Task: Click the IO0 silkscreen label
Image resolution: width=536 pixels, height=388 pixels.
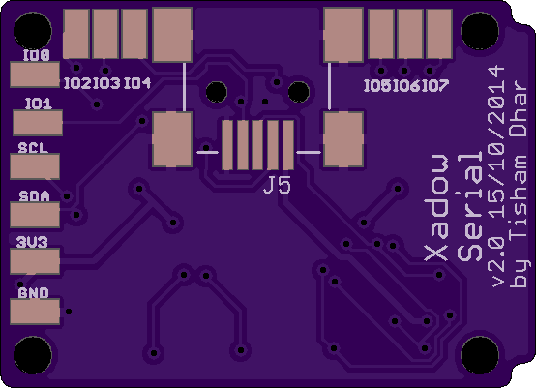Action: (37, 55)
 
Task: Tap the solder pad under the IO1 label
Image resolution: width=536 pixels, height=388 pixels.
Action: (38, 122)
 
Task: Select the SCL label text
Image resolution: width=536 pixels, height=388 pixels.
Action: (33, 148)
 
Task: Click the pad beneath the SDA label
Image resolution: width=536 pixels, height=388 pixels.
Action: (35, 215)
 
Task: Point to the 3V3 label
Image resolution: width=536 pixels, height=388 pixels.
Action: (32, 242)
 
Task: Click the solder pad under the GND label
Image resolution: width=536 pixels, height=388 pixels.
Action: (35, 312)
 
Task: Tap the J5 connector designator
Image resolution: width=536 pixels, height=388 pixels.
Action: (278, 186)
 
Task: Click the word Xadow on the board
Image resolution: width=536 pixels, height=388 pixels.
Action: (435, 208)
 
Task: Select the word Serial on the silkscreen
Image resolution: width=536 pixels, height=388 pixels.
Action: (469, 206)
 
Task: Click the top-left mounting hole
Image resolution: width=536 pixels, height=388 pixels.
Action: (33, 31)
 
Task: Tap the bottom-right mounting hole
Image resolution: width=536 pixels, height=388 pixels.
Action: (480, 355)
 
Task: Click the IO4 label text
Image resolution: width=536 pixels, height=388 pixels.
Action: (137, 83)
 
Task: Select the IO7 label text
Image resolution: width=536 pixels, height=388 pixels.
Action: (435, 85)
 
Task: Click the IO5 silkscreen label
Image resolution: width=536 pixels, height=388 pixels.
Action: (377, 85)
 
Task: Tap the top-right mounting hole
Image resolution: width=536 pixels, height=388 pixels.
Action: (480, 31)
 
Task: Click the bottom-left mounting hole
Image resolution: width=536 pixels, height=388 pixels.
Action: (33, 355)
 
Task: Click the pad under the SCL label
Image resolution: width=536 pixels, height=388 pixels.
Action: (35, 166)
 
